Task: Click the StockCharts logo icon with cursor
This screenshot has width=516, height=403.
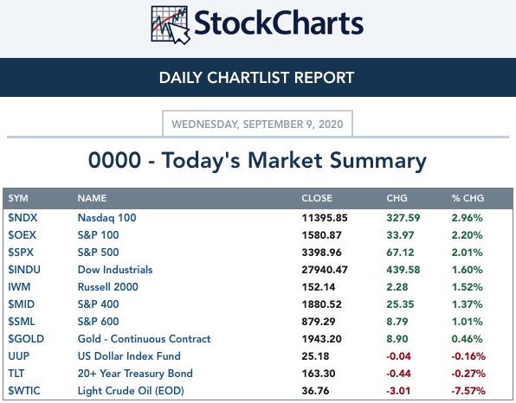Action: (171, 25)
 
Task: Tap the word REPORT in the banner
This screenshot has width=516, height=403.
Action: (324, 78)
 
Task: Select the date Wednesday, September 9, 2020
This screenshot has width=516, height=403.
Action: (257, 125)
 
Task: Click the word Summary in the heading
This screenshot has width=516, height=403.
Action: (378, 162)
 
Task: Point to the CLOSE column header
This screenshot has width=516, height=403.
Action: (317, 198)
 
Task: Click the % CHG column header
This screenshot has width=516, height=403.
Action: (468, 198)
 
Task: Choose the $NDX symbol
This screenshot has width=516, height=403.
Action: (23, 218)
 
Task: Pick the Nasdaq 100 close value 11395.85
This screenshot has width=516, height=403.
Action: (325, 218)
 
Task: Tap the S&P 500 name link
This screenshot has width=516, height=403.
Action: (98, 253)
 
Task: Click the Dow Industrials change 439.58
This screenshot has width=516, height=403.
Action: (403, 270)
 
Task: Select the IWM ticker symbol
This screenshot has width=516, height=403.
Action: (19, 287)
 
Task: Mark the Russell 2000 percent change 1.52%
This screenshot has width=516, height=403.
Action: (468, 287)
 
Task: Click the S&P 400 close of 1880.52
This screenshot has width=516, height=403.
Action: (321, 304)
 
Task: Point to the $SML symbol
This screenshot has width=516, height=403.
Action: (22, 322)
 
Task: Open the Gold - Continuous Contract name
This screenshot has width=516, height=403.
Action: (144, 339)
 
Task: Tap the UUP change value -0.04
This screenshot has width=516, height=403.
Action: (398, 356)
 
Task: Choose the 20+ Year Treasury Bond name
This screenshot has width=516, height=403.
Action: (135, 374)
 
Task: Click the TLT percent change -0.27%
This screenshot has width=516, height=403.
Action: (468, 374)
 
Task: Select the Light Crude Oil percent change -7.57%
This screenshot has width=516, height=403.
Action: (468, 391)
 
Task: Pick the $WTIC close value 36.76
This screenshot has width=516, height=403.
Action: (315, 391)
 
